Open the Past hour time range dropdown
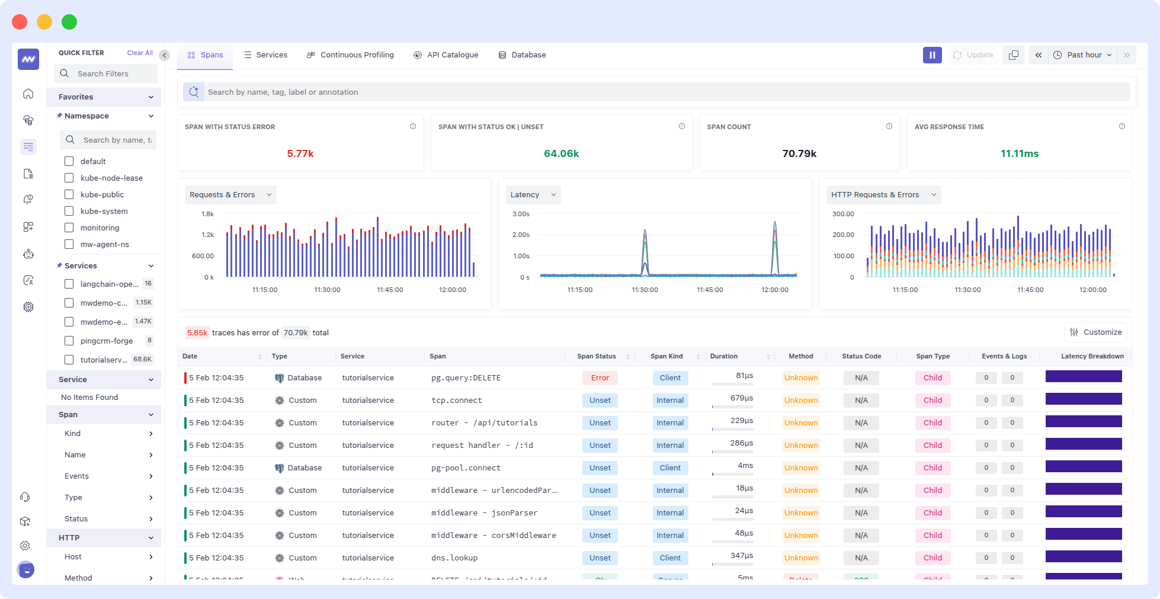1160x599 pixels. click(1084, 55)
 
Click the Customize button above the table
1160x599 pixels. click(1095, 332)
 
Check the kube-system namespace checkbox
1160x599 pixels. click(69, 211)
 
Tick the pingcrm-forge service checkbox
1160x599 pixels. click(69, 341)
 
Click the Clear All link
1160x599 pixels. click(140, 53)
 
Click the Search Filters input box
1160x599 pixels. click(107, 73)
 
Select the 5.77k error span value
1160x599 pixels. click(300, 153)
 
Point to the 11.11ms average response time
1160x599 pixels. click(1019, 153)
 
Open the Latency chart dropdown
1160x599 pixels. click(533, 195)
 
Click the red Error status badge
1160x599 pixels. click(600, 378)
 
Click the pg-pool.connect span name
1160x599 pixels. click(466, 468)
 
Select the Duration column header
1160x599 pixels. click(723, 357)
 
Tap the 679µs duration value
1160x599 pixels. click(741, 398)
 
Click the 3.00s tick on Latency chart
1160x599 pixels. click(521, 214)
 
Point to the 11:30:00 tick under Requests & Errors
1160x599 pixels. click(327, 290)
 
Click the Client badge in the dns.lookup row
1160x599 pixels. click(670, 558)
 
